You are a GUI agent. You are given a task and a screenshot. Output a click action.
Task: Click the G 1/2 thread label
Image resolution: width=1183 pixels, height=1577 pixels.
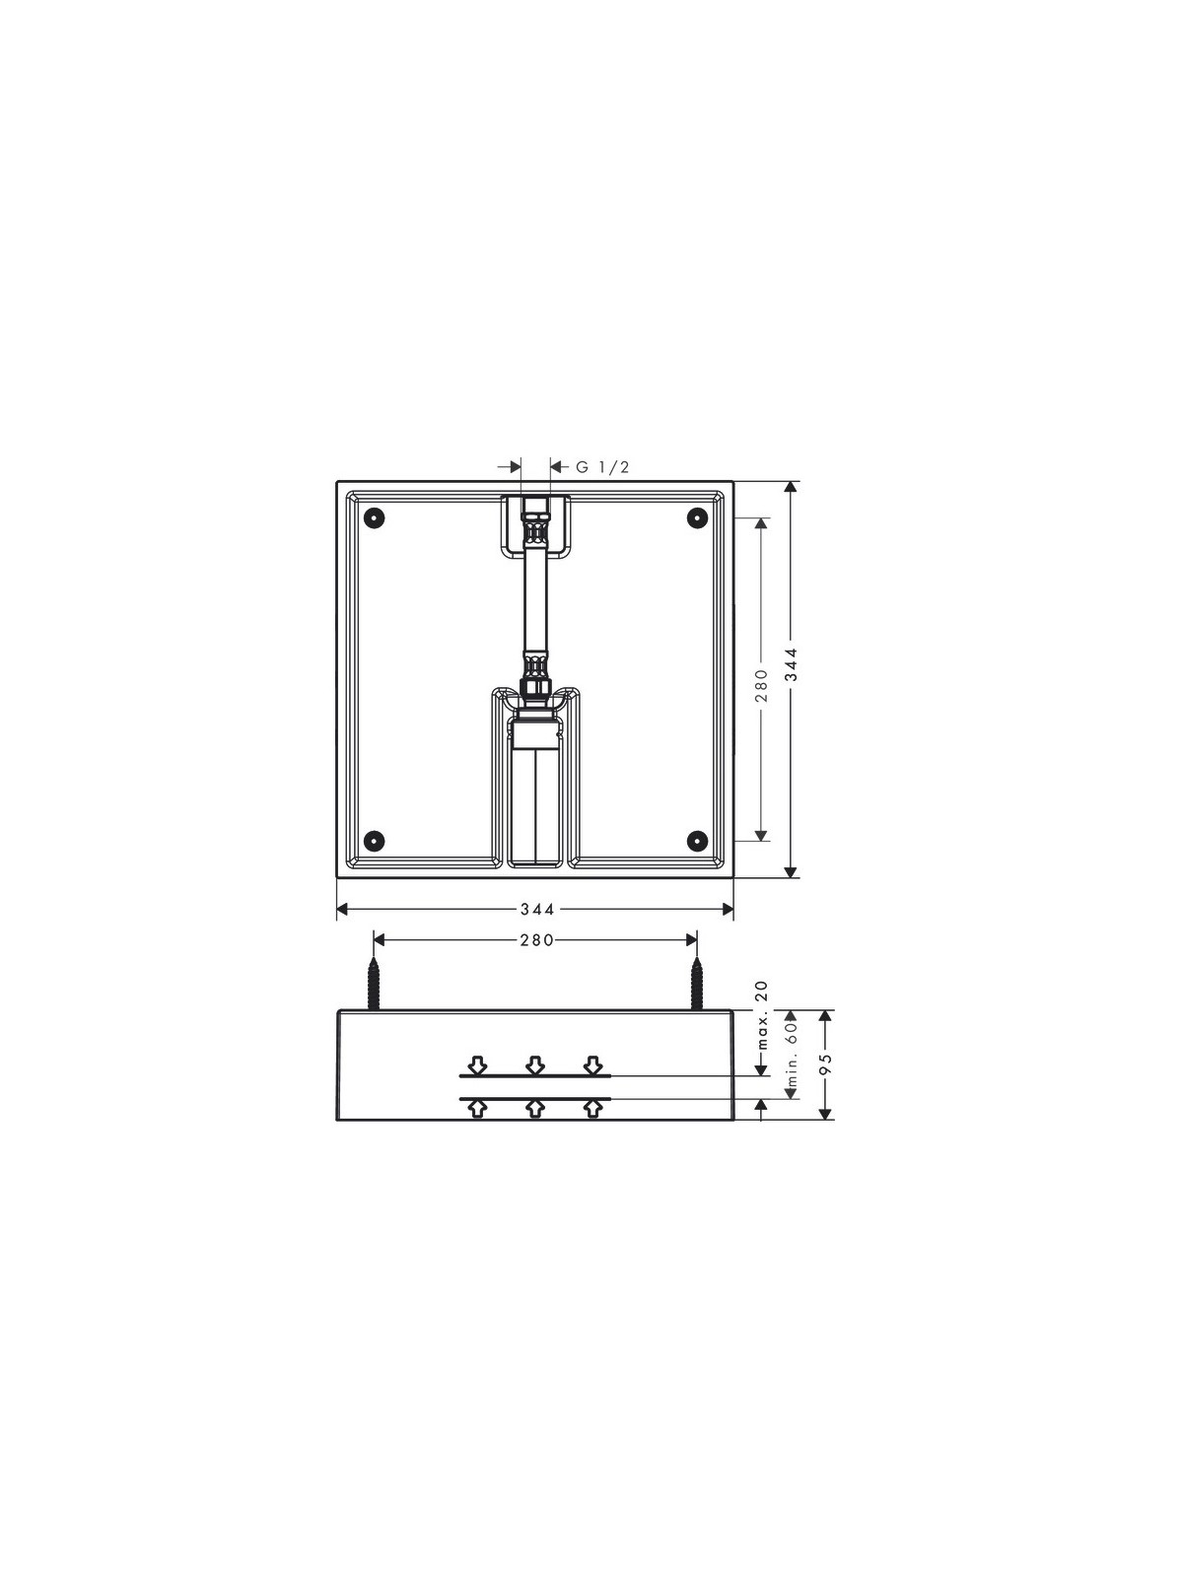coord(602,467)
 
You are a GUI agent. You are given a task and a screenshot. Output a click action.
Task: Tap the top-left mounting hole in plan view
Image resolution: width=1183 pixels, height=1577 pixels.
coord(375,517)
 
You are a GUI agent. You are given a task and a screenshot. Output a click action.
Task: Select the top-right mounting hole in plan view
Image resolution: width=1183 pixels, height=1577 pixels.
coord(697,517)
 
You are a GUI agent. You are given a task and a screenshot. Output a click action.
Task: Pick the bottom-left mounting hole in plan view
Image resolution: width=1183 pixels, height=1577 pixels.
coord(375,840)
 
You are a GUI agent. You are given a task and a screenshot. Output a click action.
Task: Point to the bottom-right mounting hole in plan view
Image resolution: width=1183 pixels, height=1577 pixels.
coord(697,840)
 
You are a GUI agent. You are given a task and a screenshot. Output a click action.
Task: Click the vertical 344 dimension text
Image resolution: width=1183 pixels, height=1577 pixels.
coord(792,664)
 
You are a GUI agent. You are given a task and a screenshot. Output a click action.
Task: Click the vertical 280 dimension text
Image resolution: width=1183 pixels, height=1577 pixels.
coord(761,685)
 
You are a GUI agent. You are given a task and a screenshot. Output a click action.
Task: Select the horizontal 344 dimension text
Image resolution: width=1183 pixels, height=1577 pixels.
coord(537,910)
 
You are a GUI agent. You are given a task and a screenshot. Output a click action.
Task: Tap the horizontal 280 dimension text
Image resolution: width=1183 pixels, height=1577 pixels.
coord(537,940)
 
